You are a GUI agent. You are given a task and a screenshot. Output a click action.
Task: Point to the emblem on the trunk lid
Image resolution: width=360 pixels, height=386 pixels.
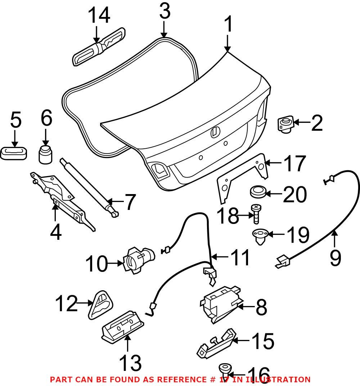point(214,132)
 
